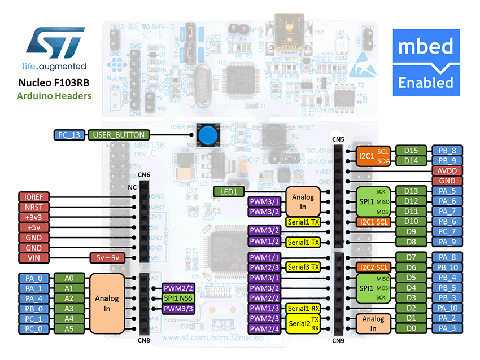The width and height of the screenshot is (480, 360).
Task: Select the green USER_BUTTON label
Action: (x=119, y=135)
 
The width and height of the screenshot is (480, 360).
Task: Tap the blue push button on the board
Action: (x=208, y=134)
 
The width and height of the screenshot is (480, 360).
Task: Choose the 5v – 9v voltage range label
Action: (x=107, y=258)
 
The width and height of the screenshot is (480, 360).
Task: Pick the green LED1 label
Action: (x=229, y=191)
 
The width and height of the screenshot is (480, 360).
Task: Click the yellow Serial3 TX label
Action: (x=303, y=267)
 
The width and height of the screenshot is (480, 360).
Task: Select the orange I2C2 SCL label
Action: (x=373, y=267)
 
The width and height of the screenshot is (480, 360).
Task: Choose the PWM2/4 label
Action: (x=265, y=328)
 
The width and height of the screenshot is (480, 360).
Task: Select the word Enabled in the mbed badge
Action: (x=426, y=82)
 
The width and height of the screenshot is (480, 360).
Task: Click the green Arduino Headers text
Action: (x=54, y=96)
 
